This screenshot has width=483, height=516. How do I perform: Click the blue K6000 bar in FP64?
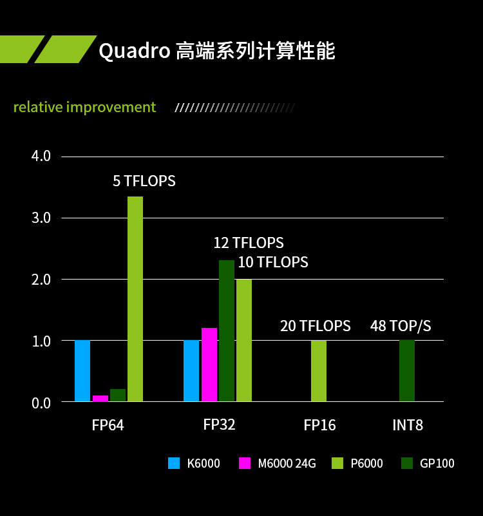[82, 371]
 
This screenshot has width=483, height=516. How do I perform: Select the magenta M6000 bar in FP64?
[100, 398]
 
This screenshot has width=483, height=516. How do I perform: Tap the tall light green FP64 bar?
[135, 299]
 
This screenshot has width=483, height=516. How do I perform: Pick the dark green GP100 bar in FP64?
[118, 395]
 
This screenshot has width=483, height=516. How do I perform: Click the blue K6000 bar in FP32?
[191, 371]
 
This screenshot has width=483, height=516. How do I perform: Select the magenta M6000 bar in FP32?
[209, 365]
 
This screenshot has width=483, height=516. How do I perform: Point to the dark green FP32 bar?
[227, 330]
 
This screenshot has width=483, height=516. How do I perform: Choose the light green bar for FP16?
[319, 371]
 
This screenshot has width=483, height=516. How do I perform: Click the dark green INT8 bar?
[407, 371]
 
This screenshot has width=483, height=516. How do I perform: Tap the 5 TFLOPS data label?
[144, 181]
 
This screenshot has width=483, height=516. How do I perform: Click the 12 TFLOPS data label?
[249, 243]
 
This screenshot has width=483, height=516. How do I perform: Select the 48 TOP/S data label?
[401, 326]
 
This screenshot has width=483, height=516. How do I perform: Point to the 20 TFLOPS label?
[316, 326]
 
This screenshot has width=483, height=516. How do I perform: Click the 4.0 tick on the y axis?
[41, 157]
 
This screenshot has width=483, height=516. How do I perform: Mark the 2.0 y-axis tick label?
[41, 280]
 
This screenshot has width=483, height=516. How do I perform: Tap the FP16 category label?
[319, 425]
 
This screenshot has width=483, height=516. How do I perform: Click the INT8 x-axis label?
[408, 425]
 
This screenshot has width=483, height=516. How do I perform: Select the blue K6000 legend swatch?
[174, 463]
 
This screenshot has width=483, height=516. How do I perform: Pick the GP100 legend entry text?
[437, 463]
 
